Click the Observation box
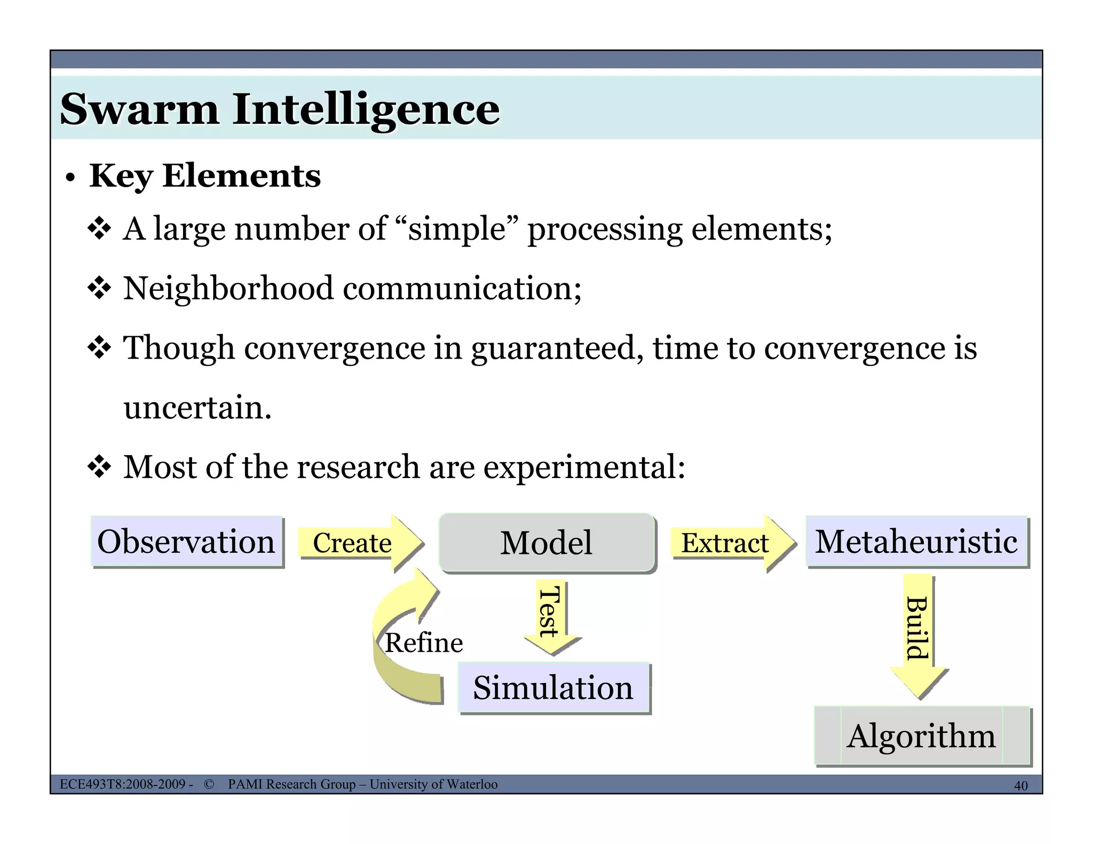[x=186, y=542]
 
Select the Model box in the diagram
[x=546, y=543]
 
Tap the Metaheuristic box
[x=916, y=542]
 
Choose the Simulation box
[x=553, y=687]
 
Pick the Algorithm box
[x=922, y=736]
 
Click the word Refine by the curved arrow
[x=424, y=642]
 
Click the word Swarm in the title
[x=140, y=109]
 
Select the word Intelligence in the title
[x=366, y=109]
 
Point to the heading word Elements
[x=241, y=176]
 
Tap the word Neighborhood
[x=228, y=288]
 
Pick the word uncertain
[x=197, y=408]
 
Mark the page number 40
[x=1020, y=785]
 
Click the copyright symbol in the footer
[x=209, y=784]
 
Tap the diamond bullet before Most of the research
[x=99, y=467]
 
